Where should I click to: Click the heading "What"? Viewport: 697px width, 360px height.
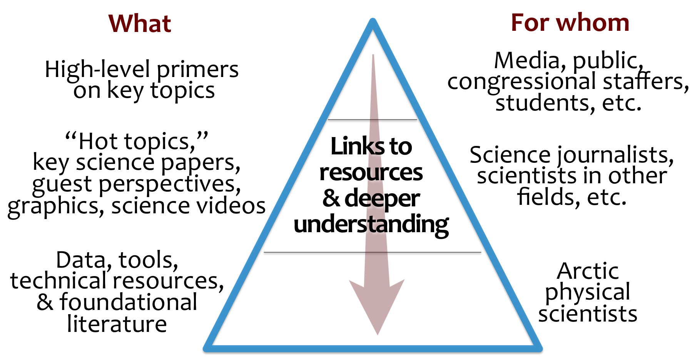[x=140, y=23]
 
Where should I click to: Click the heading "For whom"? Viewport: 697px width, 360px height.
[x=570, y=23]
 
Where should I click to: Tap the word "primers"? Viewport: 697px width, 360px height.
[x=197, y=70]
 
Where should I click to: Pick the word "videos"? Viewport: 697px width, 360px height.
[x=235, y=206]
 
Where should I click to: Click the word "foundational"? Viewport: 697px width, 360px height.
[x=128, y=302]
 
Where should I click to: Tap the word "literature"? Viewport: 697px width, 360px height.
[x=117, y=324]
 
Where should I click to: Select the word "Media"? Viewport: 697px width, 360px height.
[x=527, y=60]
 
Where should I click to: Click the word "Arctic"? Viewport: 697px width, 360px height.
[x=588, y=271]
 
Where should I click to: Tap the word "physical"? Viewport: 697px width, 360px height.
[x=588, y=293]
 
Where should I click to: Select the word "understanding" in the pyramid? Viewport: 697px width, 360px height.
[x=371, y=224]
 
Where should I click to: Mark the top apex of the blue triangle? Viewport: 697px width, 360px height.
[x=373, y=21]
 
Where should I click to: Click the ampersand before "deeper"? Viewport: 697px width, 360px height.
[x=331, y=198]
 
